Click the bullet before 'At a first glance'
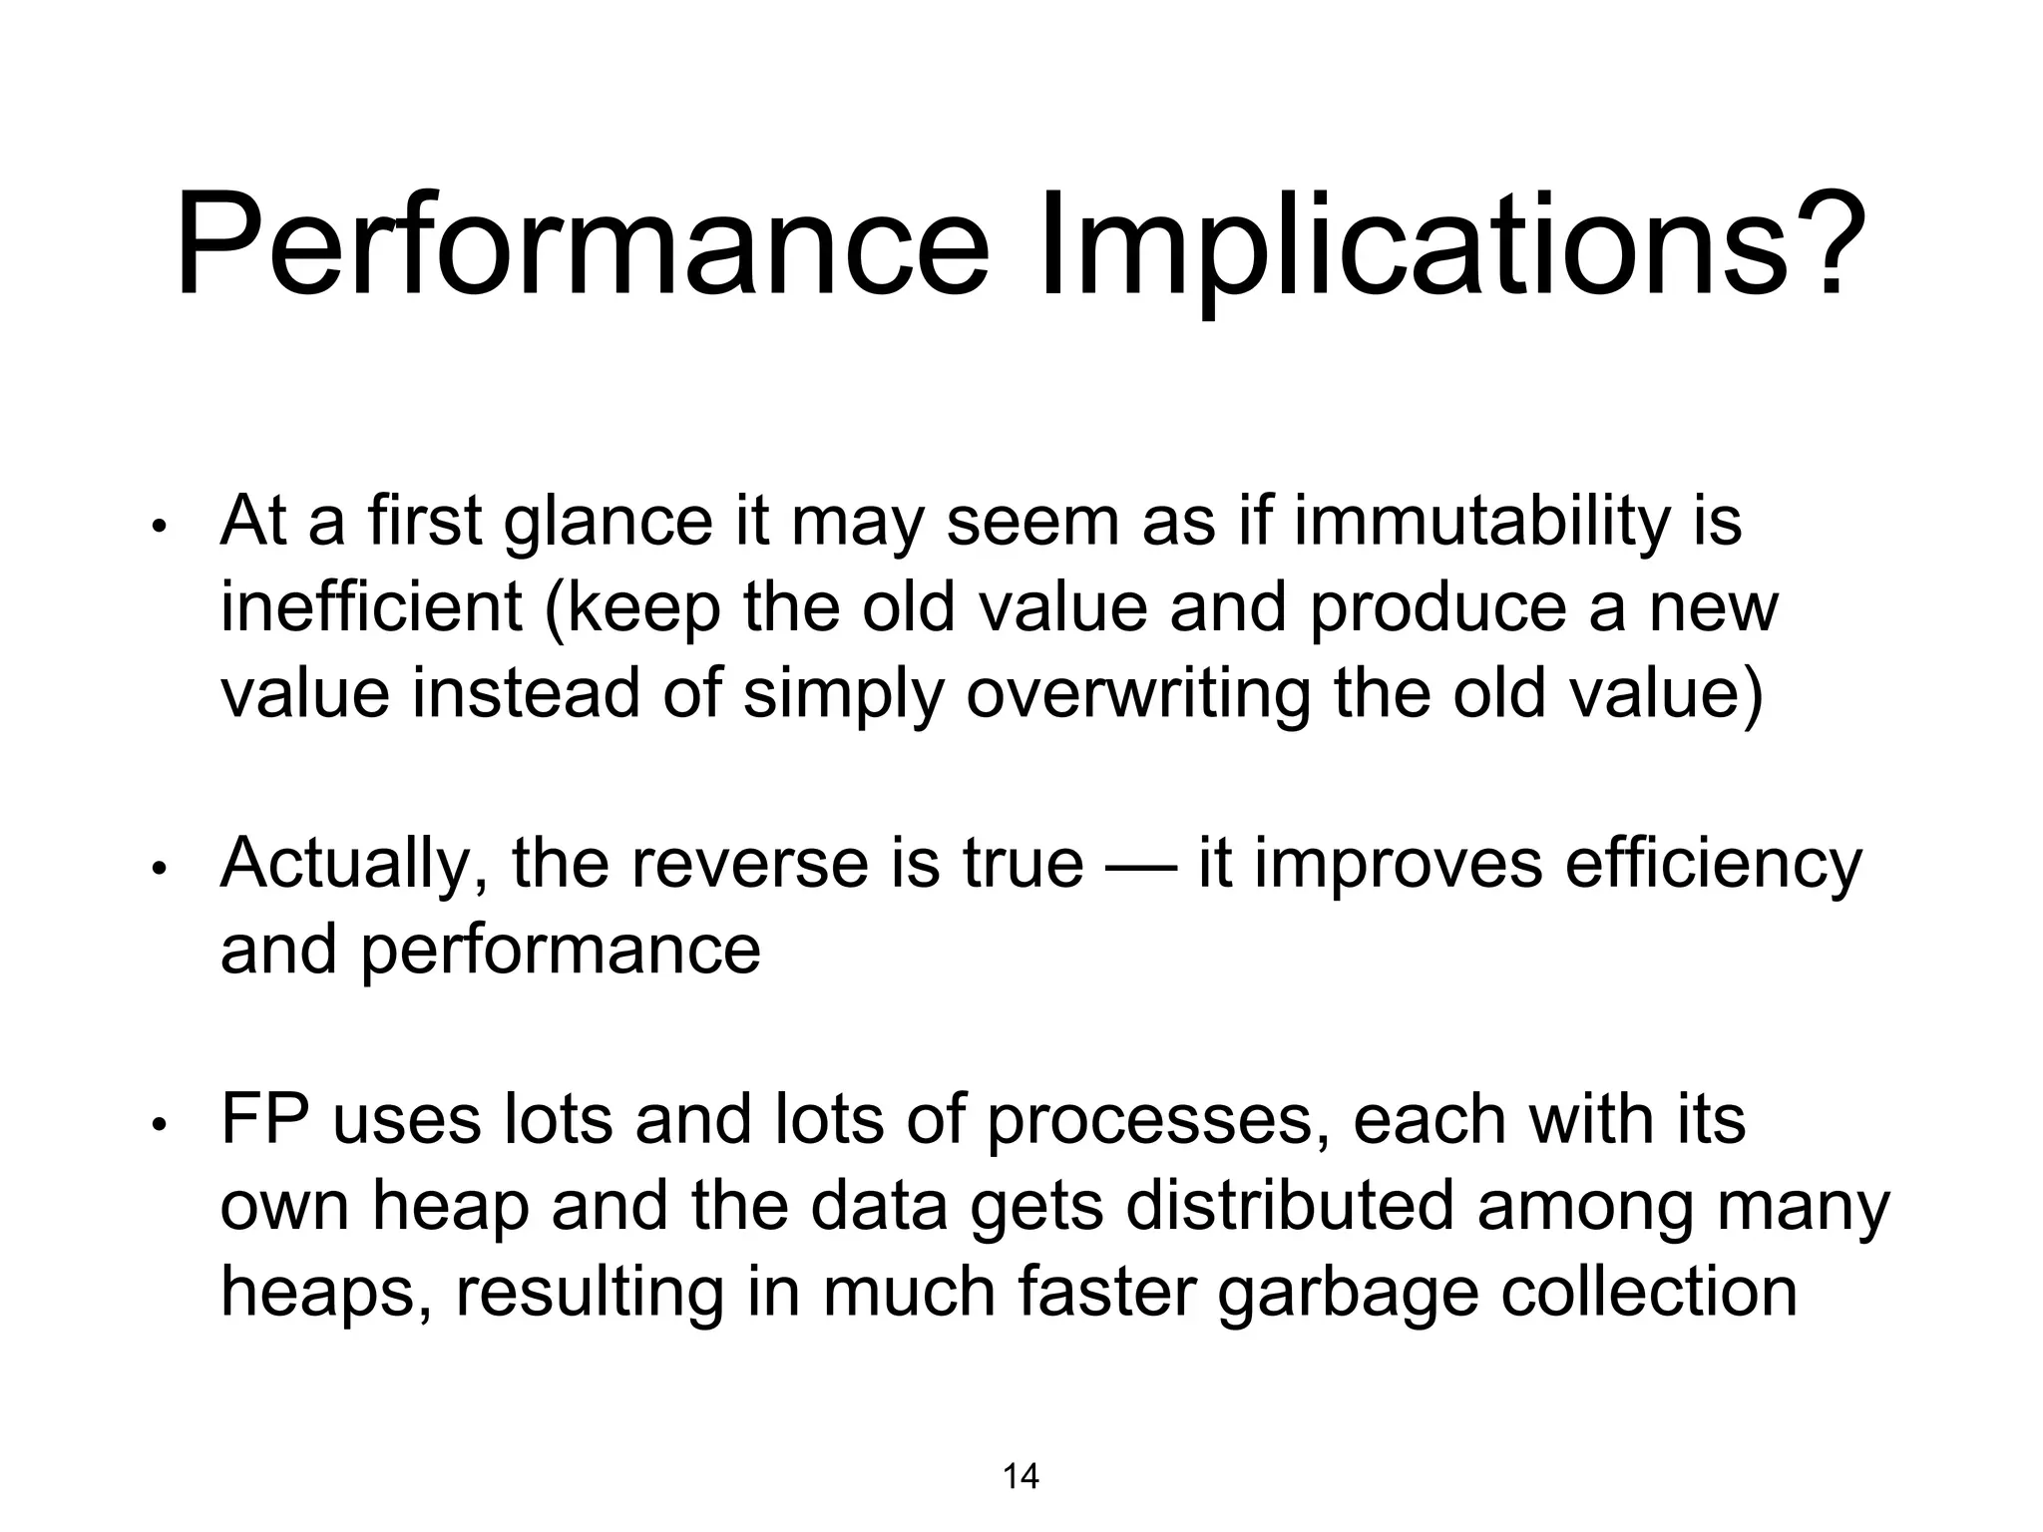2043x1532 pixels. (x=158, y=529)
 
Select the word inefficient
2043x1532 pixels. (x=371, y=607)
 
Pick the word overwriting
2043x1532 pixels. (x=1137, y=694)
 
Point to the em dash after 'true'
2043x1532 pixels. (x=1140, y=864)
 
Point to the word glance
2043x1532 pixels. (x=609, y=523)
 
